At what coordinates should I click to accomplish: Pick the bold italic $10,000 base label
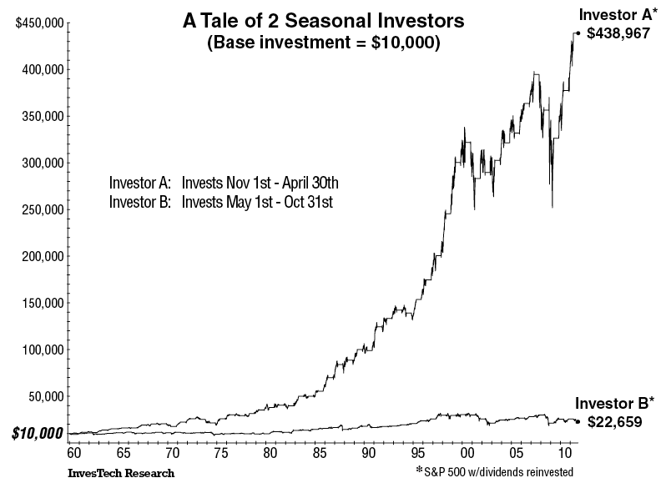tap(36, 433)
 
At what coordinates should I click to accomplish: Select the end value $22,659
tap(615, 422)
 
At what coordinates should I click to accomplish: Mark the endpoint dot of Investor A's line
tap(578, 33)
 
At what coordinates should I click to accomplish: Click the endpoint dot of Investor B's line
tap(578, 421)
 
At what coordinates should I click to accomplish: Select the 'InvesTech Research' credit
tap(121, 473)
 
